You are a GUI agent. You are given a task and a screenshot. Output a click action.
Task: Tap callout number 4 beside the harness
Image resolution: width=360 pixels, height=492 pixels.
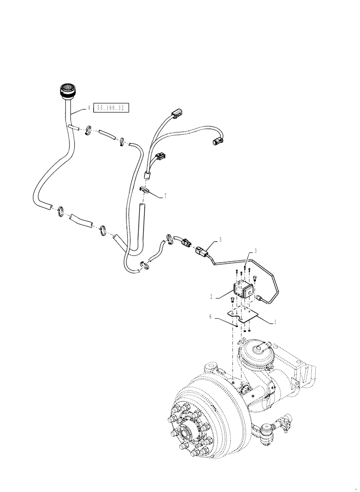point(89,107)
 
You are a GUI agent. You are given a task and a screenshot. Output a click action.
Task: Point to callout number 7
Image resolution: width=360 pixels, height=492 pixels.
point(165,196)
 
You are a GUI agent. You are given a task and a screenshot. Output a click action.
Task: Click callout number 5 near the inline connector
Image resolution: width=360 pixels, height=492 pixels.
point(220,240)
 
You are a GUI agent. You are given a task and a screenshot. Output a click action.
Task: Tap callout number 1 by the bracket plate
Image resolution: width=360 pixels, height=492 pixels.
point(274,321)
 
